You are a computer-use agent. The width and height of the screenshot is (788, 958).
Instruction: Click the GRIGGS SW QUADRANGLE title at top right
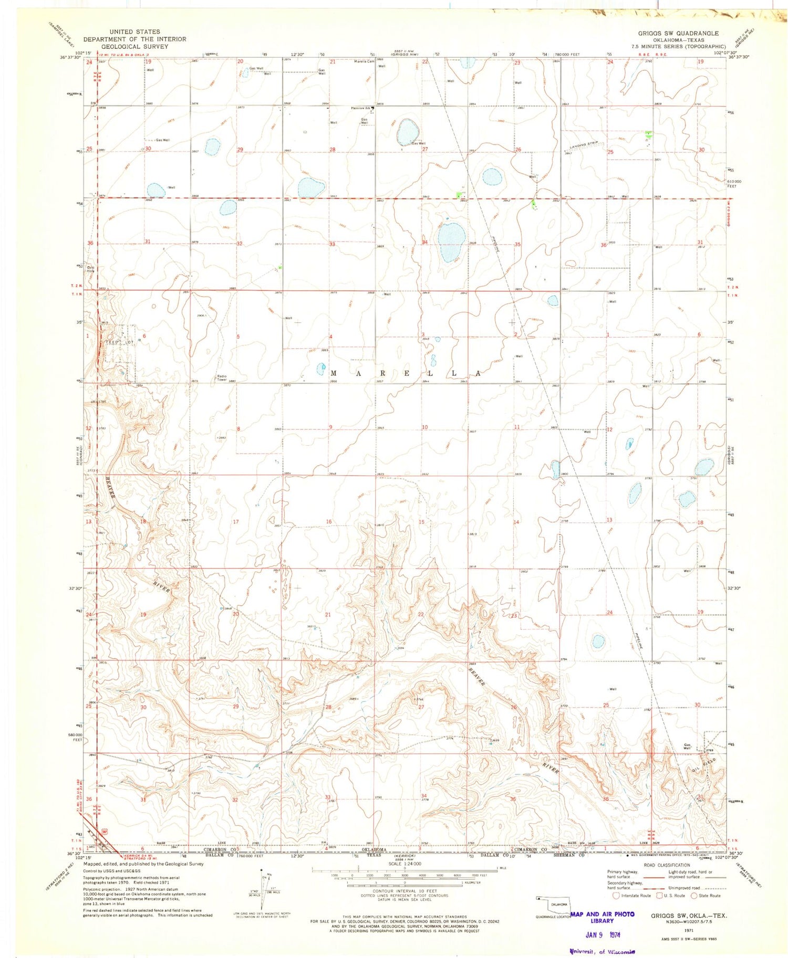pos(678,33)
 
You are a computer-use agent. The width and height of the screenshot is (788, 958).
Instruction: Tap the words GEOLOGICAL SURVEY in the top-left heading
pos(134,46)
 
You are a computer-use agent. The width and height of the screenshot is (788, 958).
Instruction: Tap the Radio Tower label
pos(222,377)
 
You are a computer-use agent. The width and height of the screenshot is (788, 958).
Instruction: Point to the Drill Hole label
pos(91,269)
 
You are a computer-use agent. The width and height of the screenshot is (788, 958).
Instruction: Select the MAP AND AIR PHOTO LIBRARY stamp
pos(602,917)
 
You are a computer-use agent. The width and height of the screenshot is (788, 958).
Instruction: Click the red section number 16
pos(329,521)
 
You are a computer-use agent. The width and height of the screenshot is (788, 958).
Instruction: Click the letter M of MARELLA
pos(334,373)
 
